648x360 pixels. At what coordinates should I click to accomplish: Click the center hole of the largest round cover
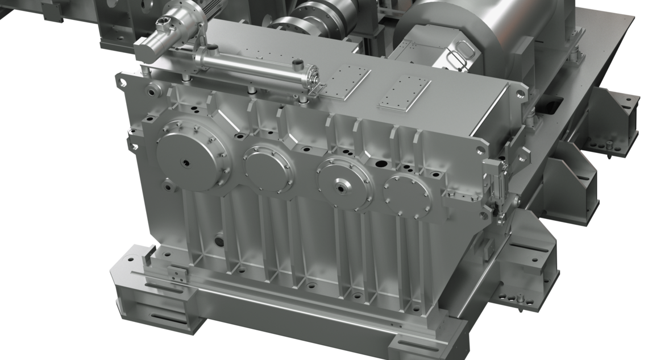point(186,163)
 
